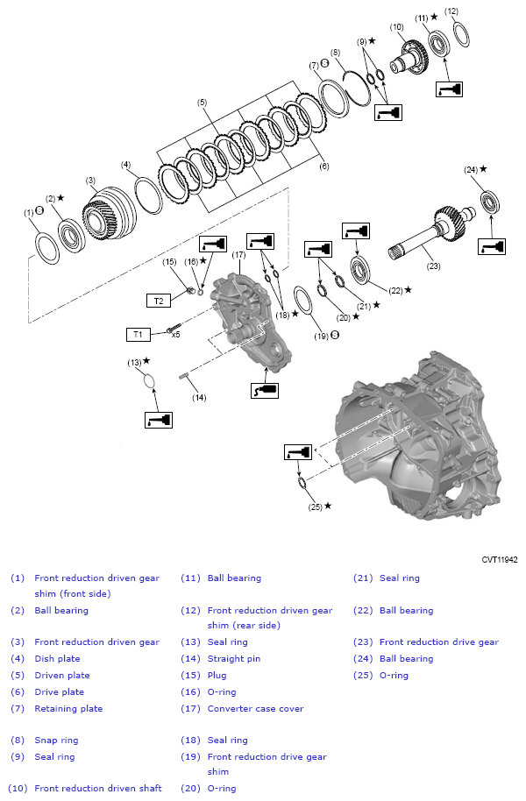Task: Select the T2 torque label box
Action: (158, 301)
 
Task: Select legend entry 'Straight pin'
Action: (233, 658)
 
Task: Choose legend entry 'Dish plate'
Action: (57, 658)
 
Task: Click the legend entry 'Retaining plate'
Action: (68, 708)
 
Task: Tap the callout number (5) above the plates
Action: (203, 103)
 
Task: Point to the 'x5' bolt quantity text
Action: (175, 334)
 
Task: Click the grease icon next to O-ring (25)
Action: (296, 452)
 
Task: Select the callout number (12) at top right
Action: (451, 11)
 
